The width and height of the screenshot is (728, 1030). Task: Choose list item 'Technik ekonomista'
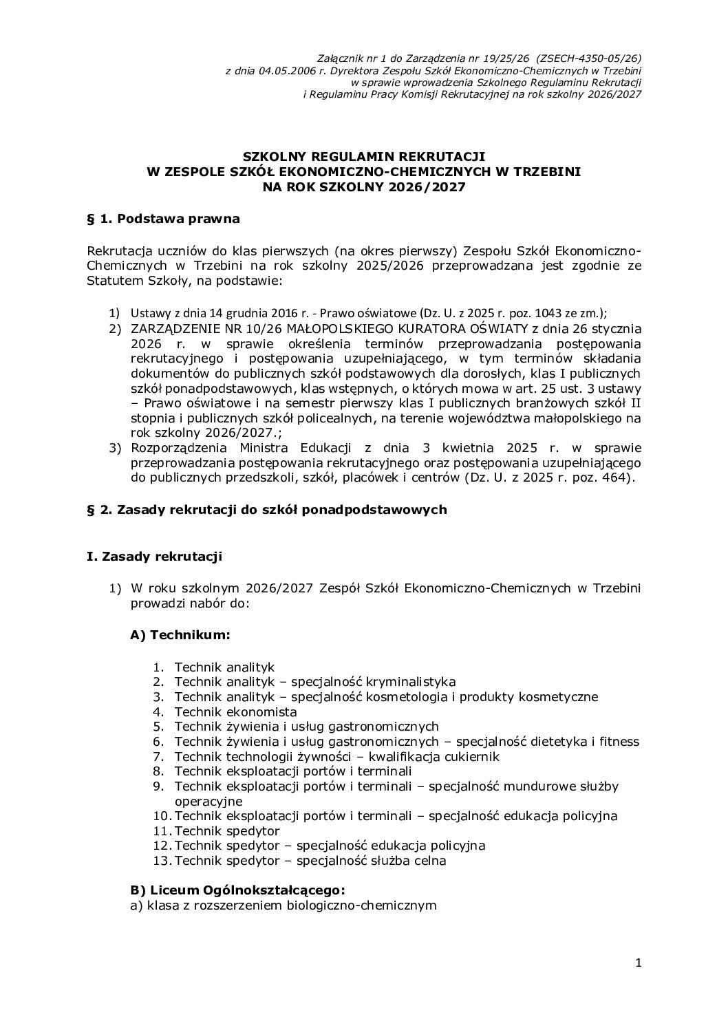[235, 711]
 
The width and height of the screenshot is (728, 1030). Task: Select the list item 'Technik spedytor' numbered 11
[227, 831]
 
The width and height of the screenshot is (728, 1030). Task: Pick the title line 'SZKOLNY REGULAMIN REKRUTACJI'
[363, 157]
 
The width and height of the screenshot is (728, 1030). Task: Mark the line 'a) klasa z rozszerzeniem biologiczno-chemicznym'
[283, 905]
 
